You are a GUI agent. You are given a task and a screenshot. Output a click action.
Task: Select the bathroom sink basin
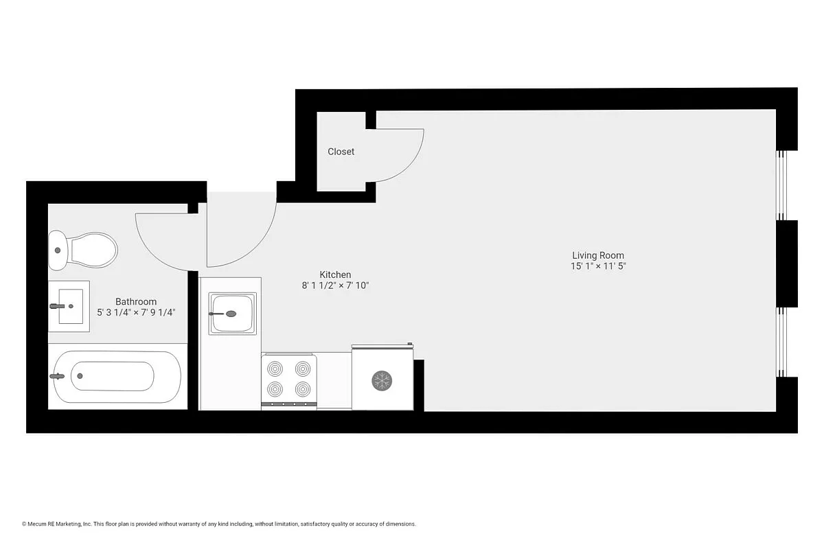tap(69, 306)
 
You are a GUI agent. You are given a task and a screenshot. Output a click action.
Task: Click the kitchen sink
tap(233, 314)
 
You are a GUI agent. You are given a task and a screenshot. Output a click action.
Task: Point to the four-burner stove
tap(289, 379)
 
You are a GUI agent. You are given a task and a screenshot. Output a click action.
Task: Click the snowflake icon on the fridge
tap(382, 380)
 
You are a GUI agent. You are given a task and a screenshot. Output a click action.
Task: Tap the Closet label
tap(341, 152)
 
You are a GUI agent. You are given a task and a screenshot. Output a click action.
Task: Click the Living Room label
tap(598, 255)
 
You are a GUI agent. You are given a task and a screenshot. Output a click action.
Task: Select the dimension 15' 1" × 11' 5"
tap(598, 266)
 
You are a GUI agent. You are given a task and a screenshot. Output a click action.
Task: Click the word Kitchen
tap(335, 274)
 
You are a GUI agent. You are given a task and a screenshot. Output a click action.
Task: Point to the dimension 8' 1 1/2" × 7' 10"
tap(335, 285)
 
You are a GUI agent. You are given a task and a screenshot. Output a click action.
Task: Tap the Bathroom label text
tap(136, 301)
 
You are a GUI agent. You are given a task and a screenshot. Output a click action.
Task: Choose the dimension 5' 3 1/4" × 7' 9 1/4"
tap(136, 312)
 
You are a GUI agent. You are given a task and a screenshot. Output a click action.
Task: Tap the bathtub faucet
tap(58, 376)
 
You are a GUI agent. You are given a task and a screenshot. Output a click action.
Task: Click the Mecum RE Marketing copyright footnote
tap(219, 524)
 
